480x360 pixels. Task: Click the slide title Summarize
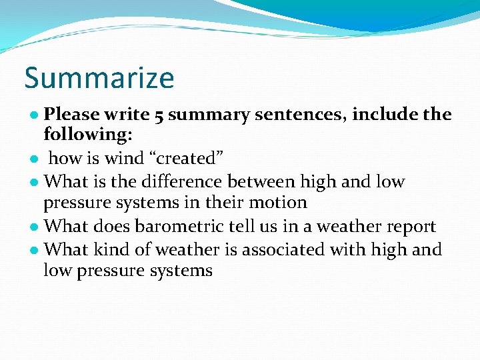[99, 78]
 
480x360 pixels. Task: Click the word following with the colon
[88, 135]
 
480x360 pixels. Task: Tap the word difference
[179, 181]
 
